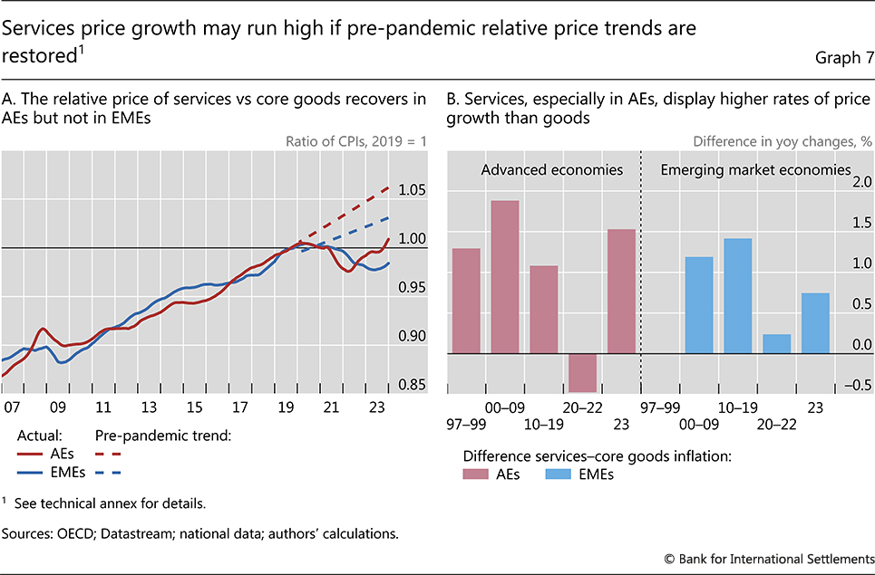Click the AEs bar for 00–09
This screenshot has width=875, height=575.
(x=505, y=277)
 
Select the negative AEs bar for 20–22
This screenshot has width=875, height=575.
(x=582, y=371)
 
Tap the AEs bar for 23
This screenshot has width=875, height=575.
(x=621, y=291)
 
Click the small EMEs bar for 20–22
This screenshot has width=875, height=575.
(x=777, y=344)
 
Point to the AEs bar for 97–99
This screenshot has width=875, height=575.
(x=466, y=301)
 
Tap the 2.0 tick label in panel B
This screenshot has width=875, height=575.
(x=857, y=182)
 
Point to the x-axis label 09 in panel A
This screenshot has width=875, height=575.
(x=58, y=407)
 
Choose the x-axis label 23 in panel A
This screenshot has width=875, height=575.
(x=369, y=407)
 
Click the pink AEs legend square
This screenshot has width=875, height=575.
(x=473, y=474)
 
